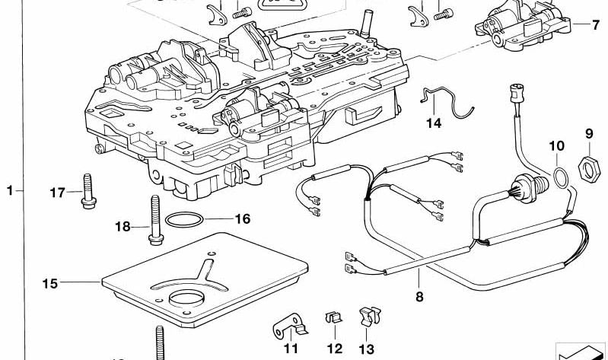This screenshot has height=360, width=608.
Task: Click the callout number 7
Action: (x=596, y=24)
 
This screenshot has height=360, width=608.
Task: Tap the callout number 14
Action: (x=434, y=123)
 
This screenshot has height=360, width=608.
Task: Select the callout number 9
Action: (x=588, y=134)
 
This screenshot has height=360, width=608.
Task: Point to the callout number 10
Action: (x=556, y=145)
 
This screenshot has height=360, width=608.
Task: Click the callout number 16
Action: (x=242, y=219)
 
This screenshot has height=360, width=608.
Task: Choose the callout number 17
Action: (x=58, y=193)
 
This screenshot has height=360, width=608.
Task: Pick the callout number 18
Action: (x=123, y=226)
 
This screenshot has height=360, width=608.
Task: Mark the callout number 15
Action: (x=49, y=284)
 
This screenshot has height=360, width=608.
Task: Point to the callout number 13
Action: (x=367, y=349)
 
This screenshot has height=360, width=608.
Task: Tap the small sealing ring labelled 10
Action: (x=559, y=177)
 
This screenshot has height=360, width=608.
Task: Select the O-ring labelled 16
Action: (x=184, y=222)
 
